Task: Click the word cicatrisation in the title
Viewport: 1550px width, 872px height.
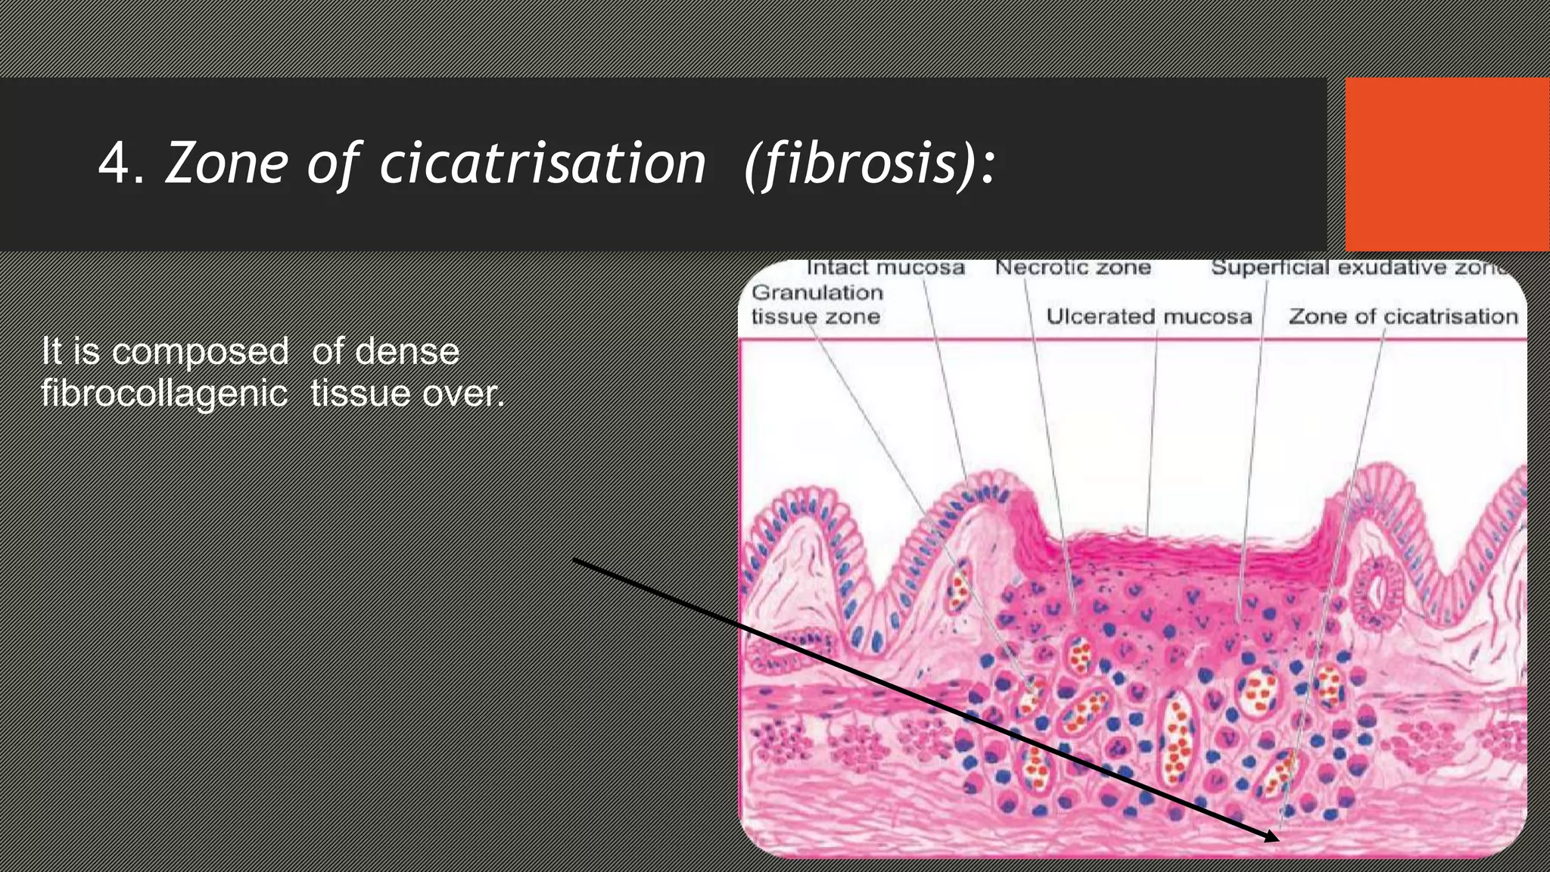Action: click(542, 163)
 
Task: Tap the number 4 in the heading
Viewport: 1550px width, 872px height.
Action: click(115, 163)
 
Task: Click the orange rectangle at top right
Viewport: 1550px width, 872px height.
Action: click(1446, 163)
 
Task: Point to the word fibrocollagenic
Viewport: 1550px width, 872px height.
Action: click(164, 394)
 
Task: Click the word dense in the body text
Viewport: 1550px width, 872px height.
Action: click(406, 351)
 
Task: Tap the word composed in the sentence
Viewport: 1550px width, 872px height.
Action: click(201, 351)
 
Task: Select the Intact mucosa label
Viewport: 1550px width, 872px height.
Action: click(885, 267)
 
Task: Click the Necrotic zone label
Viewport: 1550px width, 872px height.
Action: click(1072, 267)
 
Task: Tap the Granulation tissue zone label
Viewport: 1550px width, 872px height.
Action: click(817, 304)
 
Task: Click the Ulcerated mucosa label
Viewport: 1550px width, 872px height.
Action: click(1149, 316)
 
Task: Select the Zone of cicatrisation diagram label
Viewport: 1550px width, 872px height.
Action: click(1403, 316)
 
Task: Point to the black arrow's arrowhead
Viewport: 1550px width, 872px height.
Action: click(1273, 837)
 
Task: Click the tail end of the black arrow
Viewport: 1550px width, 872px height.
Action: click(575, 560)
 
